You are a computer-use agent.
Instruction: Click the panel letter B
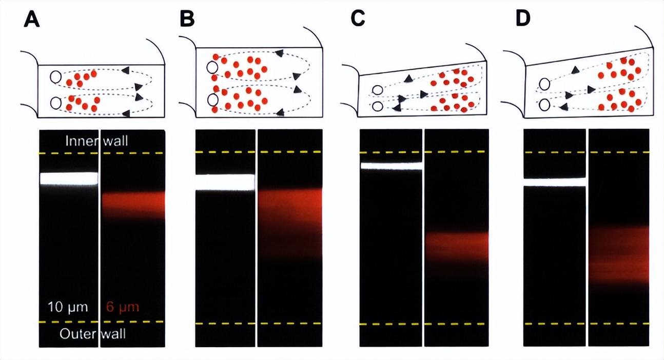[x=188, y=19]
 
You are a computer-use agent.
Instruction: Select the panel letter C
[x=358, y=19]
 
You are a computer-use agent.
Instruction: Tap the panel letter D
[x=523, y=19]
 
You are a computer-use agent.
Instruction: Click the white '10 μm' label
[x=68, y=307]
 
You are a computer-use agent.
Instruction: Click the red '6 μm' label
[x=122, y=307]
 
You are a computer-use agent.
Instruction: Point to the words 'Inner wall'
[x=96, y=141]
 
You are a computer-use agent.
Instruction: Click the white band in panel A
[x=68, y=178]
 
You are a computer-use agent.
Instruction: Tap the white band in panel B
[x=225, y=182]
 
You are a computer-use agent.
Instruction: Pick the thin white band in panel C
[x=391, y=166]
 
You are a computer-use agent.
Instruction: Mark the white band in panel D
[x=554, y=182]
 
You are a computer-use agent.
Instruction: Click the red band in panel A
[x=133, y=204]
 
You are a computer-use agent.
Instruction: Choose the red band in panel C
[x=457, y=245]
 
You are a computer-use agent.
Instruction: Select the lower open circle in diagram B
[x=211, y=98]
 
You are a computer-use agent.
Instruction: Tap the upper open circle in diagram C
[x=378, y=90]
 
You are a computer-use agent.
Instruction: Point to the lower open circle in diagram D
[x=544, y=105]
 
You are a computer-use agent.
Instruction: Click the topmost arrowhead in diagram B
[x=280, y=52]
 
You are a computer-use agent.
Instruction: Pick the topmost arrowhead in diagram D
[x=576, y=70]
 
